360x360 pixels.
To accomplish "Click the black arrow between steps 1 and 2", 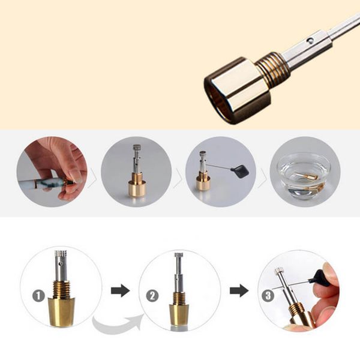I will [120, 290].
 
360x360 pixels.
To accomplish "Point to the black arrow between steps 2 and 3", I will [239, 290].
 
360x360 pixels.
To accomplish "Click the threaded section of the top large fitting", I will [274, 67].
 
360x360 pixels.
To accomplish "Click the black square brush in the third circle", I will [241, 171].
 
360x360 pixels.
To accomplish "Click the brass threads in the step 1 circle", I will [61, 287].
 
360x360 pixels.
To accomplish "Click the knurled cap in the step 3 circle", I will [279, 272].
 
